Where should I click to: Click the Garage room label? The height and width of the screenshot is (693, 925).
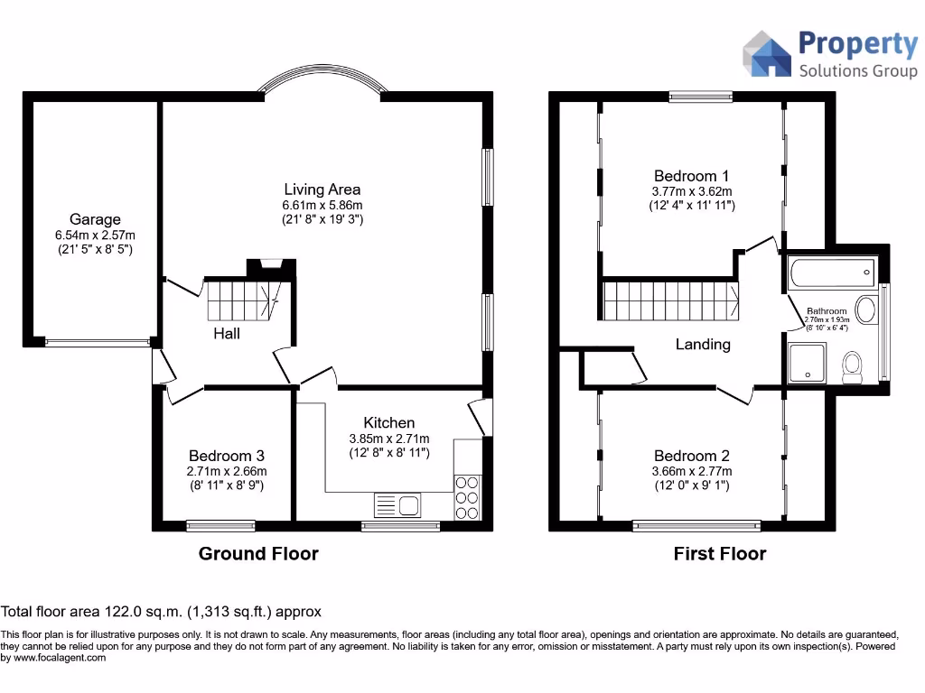[x=95, y=219]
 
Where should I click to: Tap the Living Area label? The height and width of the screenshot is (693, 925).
[x=322, y=189]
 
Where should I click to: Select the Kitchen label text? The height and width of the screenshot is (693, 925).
[x=389, y=422]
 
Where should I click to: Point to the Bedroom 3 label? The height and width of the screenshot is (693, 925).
[x=227, y=456]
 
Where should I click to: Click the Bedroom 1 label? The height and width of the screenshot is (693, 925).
[x=692, y=176]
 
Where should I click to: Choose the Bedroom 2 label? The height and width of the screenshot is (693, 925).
[x=692, y=456]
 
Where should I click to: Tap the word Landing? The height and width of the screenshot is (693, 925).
[x=703, y=344]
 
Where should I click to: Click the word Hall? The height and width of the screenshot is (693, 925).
[x=227, y=334]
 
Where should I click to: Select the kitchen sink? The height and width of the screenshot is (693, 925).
[x=397, y=505]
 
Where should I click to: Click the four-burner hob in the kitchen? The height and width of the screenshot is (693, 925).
[x=467, y=497]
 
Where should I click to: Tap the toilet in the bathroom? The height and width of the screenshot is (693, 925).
[x=852, y=366]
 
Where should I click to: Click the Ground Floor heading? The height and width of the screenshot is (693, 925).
[x=258, y=553]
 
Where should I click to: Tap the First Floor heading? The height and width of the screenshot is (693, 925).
[x=719, y=553]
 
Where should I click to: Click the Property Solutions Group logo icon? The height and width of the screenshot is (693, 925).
[x=766, y=54]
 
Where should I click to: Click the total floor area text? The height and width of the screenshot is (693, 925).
[x=161, y=611]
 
